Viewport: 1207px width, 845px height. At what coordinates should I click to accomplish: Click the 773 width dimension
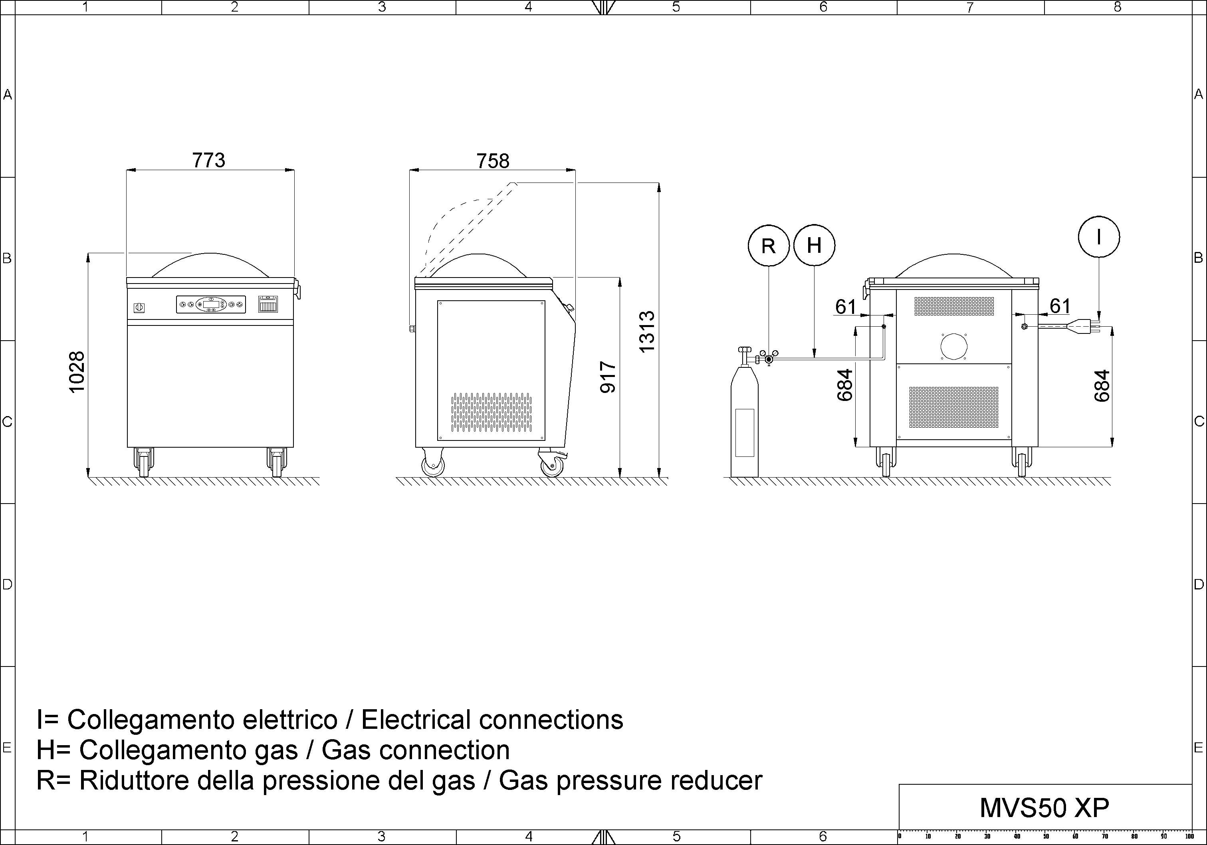coord(209,160)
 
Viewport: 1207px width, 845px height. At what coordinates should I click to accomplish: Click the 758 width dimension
coord(493,161)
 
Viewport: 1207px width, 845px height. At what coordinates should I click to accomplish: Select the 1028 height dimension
coord(77,372)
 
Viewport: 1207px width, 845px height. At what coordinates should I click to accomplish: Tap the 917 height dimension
coord(608,377)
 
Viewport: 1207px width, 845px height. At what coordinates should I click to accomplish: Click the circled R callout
coord(769,246)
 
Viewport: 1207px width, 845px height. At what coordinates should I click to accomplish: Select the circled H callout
coord(814,246)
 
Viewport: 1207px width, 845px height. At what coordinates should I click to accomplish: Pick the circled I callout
coord(1099,237)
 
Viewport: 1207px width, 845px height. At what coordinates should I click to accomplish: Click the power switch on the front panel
coord(139,307)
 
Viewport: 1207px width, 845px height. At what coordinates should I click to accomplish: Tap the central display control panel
coord(211,304)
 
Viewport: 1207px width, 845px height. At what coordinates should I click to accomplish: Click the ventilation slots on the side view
coord(491,412)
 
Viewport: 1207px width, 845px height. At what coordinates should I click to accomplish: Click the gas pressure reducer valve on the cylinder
coord(769,359)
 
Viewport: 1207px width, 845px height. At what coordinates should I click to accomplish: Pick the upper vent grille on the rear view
coord(954,306)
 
